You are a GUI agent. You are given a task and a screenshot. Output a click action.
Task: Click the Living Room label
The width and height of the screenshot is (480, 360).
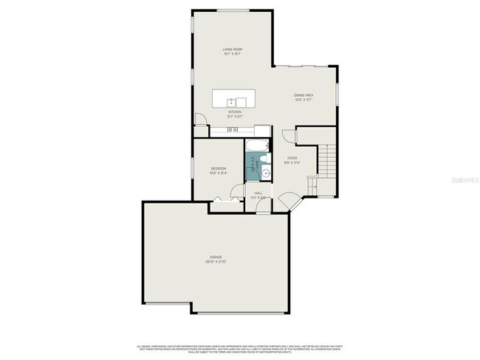click(x=233, y=49)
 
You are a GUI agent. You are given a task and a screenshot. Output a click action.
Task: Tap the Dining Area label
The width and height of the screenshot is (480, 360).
click(x=304, y=95)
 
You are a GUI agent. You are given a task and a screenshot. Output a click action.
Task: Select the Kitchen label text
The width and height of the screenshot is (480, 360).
click(x=235, y=112)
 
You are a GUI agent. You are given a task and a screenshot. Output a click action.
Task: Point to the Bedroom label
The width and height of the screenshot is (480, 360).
click(x=217, y=169)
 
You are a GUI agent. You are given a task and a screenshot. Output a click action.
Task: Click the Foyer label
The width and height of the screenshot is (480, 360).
click(x=292, y=158)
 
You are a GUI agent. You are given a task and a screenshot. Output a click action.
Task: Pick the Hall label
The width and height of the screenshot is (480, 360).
click(x=258, y=193)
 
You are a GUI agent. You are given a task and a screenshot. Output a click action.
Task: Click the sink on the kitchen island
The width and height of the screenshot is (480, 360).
click(x=236, y=101)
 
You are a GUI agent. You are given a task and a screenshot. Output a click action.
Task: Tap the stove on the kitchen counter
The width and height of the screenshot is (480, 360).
click(x=232, y=131)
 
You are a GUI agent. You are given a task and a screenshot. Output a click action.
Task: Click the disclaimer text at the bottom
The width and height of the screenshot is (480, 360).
click(x=239, y=348)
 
